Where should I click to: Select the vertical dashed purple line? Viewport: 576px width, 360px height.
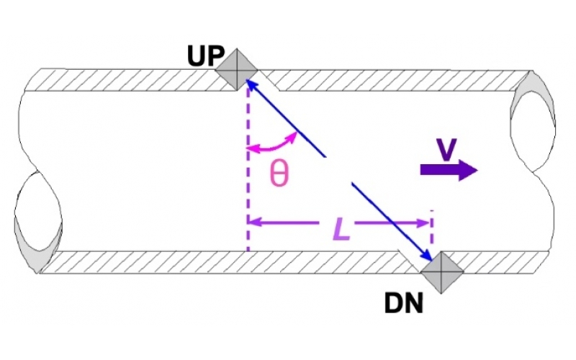click(247, 180)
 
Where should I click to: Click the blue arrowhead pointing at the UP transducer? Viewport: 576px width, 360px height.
click(253, 86)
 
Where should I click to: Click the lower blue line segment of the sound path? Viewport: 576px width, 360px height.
click(389, 220)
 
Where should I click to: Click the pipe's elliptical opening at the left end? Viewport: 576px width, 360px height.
click(37, 220)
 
